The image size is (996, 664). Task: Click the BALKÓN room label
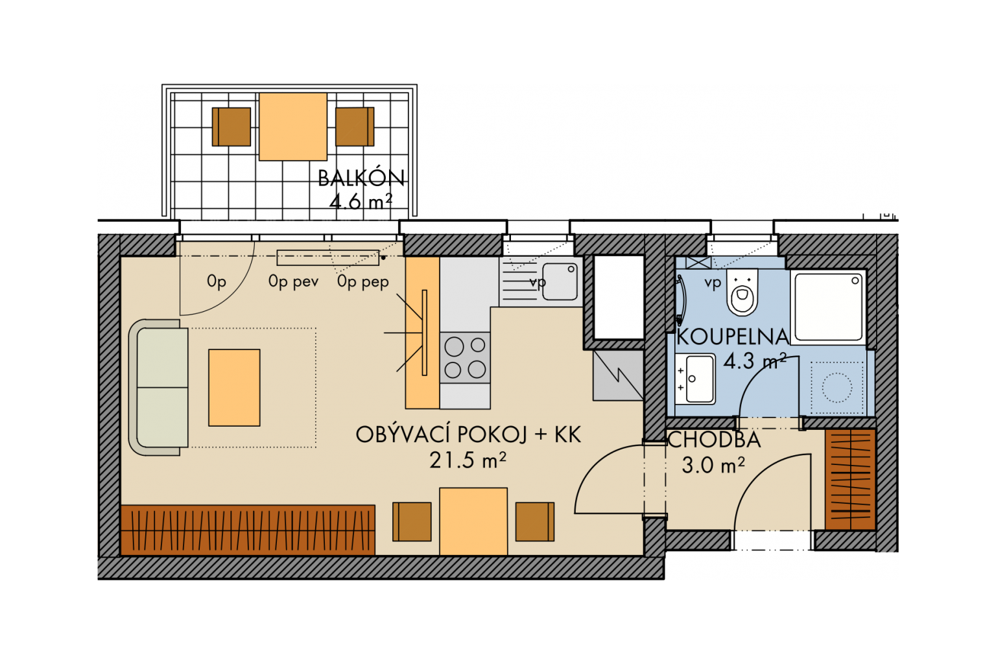tap(361, 178)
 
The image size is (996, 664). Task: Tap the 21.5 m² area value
tap(468, 460)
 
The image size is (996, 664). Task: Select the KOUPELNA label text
tap(732, 337)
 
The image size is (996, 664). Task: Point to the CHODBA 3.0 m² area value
tap(713, 466)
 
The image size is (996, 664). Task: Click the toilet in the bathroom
tap(742, 292)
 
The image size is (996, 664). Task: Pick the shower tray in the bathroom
tap(828, 307)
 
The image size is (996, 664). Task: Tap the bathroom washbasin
tap(695, 379)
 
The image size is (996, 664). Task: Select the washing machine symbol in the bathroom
tap(837, 387)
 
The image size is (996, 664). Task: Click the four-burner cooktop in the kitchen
tap(465, 357)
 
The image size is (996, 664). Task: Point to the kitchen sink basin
tap(560, 281)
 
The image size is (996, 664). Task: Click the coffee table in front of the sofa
tap(234, 388)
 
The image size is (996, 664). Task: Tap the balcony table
tap(293, 126)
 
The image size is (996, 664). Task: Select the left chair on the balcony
tap(231, 126)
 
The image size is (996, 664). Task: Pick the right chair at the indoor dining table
tap(535, 522)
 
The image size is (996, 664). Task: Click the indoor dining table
tap(473, 522)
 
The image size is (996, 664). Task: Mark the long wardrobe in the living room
tap(248, 530)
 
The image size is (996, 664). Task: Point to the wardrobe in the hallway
tap(851, 479)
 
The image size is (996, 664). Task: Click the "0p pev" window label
tap(294, 282)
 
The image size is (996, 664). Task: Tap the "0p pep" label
tap(363, 282)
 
